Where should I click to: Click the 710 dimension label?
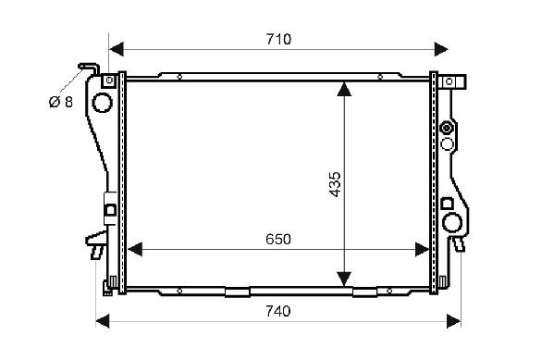tap(278, 39)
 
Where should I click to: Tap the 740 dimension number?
tap(278, 311)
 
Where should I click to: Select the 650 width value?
tap(278, 240)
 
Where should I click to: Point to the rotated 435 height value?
tap(335, 184)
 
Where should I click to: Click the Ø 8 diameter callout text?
tap(61, 102)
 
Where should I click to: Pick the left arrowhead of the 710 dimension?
tap(117, 49)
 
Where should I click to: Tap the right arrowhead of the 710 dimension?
tap(441, 49)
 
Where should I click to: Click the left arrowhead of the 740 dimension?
tap(103, 321)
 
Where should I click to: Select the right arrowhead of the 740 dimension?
tap(454, 321)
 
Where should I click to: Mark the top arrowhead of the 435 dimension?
tap(344, 89)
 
